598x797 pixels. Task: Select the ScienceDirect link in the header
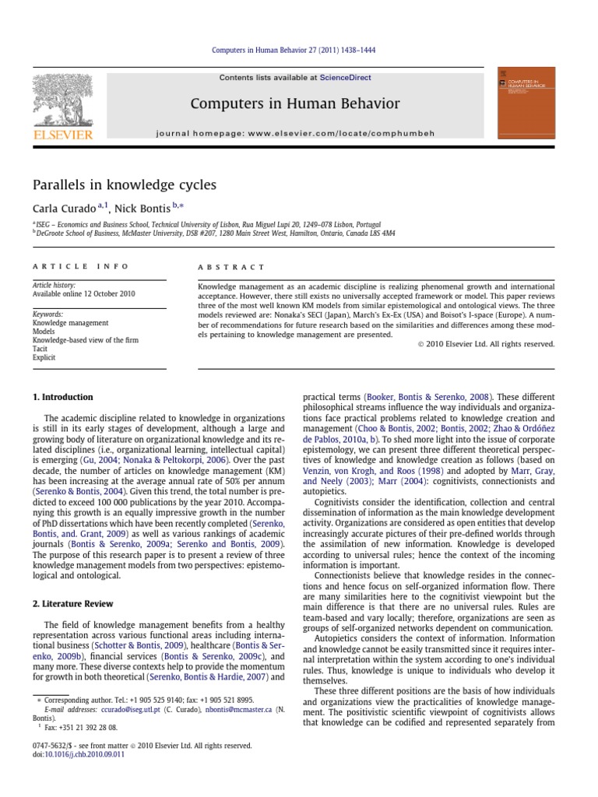pyautogui.click(x=345, y=78)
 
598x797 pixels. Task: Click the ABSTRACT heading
pyautogui.click(x=232, y=266)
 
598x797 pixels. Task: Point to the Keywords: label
pyautogui.click(x=48, y=314)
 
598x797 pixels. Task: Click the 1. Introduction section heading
pyautogui.click(x=62, y=397)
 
